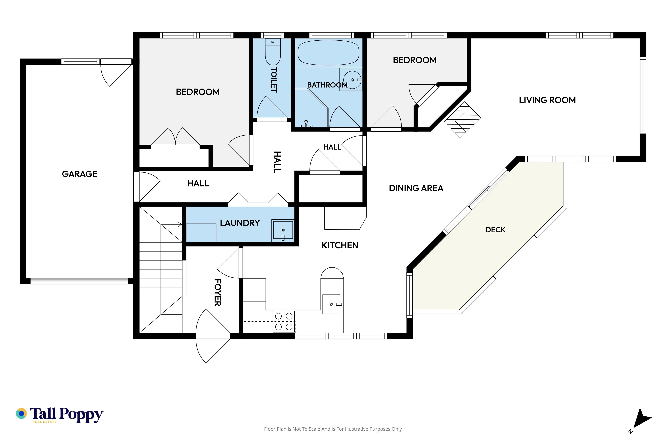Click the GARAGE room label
click(x=80, y=174)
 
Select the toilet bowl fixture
click(x=273, y=52)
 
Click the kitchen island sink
click(x=331, y=304)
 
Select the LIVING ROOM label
click(x=547, y=100)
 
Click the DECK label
click(x=495, y=230)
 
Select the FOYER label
click(x=217, y=293)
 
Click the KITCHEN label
click(x=340, y=245)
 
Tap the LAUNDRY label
click(x=240, y=223)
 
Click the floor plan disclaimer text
click(x=333, y=429)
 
